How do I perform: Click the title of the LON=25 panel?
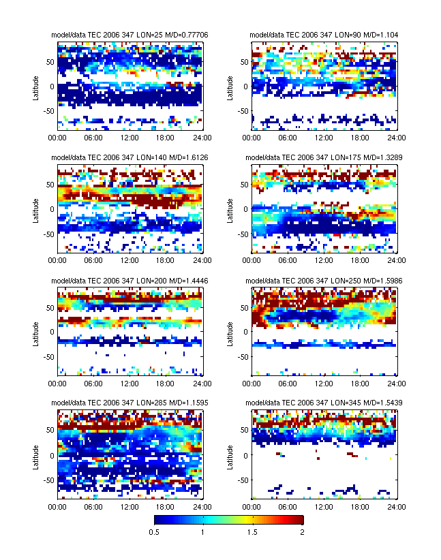(129, 35)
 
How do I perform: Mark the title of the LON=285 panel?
(129, 403)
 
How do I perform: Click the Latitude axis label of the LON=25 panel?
(35, 87)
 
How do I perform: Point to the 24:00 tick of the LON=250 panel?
(397, 384)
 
